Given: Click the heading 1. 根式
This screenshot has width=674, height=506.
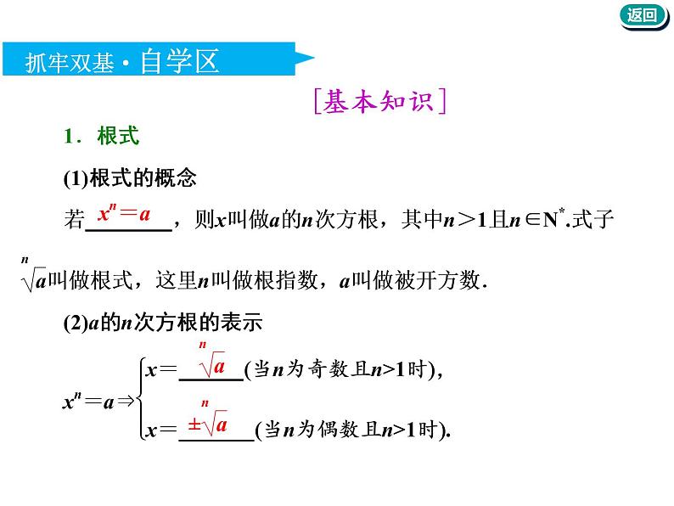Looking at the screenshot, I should [x=101, y=137].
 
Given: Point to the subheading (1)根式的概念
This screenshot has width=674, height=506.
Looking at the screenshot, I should [x=130, y=178].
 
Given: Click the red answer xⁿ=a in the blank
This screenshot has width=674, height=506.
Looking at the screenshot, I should [x=124, y=215].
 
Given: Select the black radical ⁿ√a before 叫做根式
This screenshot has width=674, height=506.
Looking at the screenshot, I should [x=34, y=273].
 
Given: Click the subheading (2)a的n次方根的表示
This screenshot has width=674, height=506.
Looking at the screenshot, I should [x=163, y=323].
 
